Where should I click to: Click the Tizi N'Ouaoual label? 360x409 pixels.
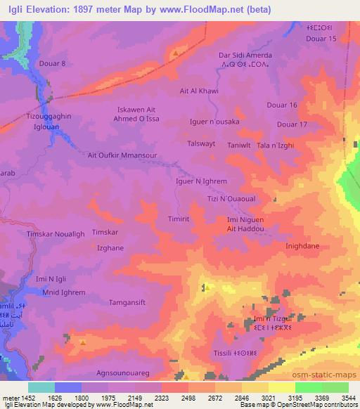click(231, 198)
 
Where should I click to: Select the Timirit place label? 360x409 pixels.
click(179, 219)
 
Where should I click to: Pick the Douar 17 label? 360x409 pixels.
click(292, 124)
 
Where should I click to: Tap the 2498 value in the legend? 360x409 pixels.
click(174, 398)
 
